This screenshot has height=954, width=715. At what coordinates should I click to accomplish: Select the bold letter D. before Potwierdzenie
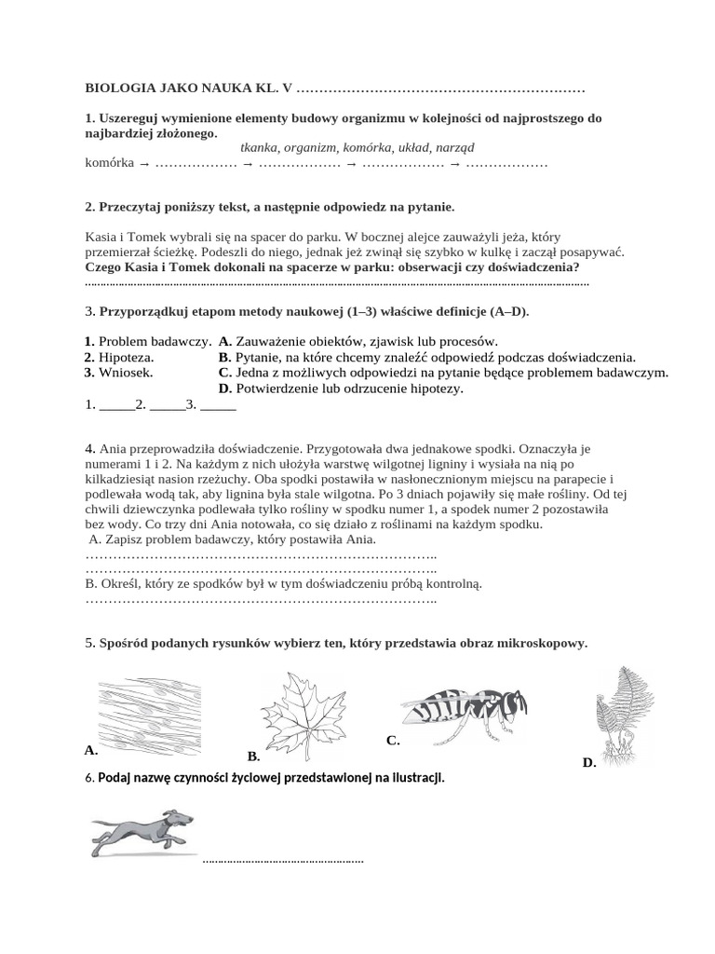tap(225, 388)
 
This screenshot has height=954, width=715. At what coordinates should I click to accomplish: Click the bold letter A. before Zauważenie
tap(225, 341)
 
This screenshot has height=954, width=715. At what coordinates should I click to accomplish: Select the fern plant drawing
tap(618, 713)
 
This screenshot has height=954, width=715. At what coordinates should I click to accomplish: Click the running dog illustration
tap(142, 831)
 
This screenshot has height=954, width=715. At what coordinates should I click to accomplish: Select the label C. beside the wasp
tap(393, 741)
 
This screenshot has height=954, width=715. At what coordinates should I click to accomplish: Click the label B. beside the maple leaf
tap(252, 756)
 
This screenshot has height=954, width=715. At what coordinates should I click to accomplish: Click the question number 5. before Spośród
tap(89, 644)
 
